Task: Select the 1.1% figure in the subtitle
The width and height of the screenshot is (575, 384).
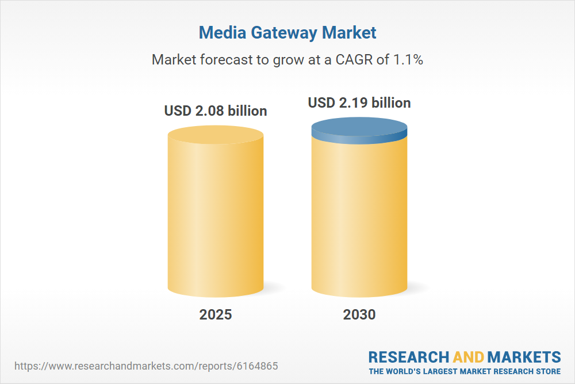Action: point(408,59)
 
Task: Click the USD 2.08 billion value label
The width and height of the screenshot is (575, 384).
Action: point(216,111)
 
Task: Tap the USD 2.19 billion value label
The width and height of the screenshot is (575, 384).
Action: point(359,102)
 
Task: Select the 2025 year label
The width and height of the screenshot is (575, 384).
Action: point(216,314)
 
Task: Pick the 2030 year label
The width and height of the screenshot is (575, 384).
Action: point(359,314)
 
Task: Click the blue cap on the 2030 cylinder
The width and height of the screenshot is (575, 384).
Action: point(359,129)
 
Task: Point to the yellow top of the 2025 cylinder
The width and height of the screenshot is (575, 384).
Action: point(216,137)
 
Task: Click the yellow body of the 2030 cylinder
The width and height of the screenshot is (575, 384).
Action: point(359,219)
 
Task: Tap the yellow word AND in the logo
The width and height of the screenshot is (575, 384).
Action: point(469,356)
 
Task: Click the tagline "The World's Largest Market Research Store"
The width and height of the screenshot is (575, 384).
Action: point(465,371)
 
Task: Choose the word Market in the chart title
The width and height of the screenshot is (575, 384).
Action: point(352,33)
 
